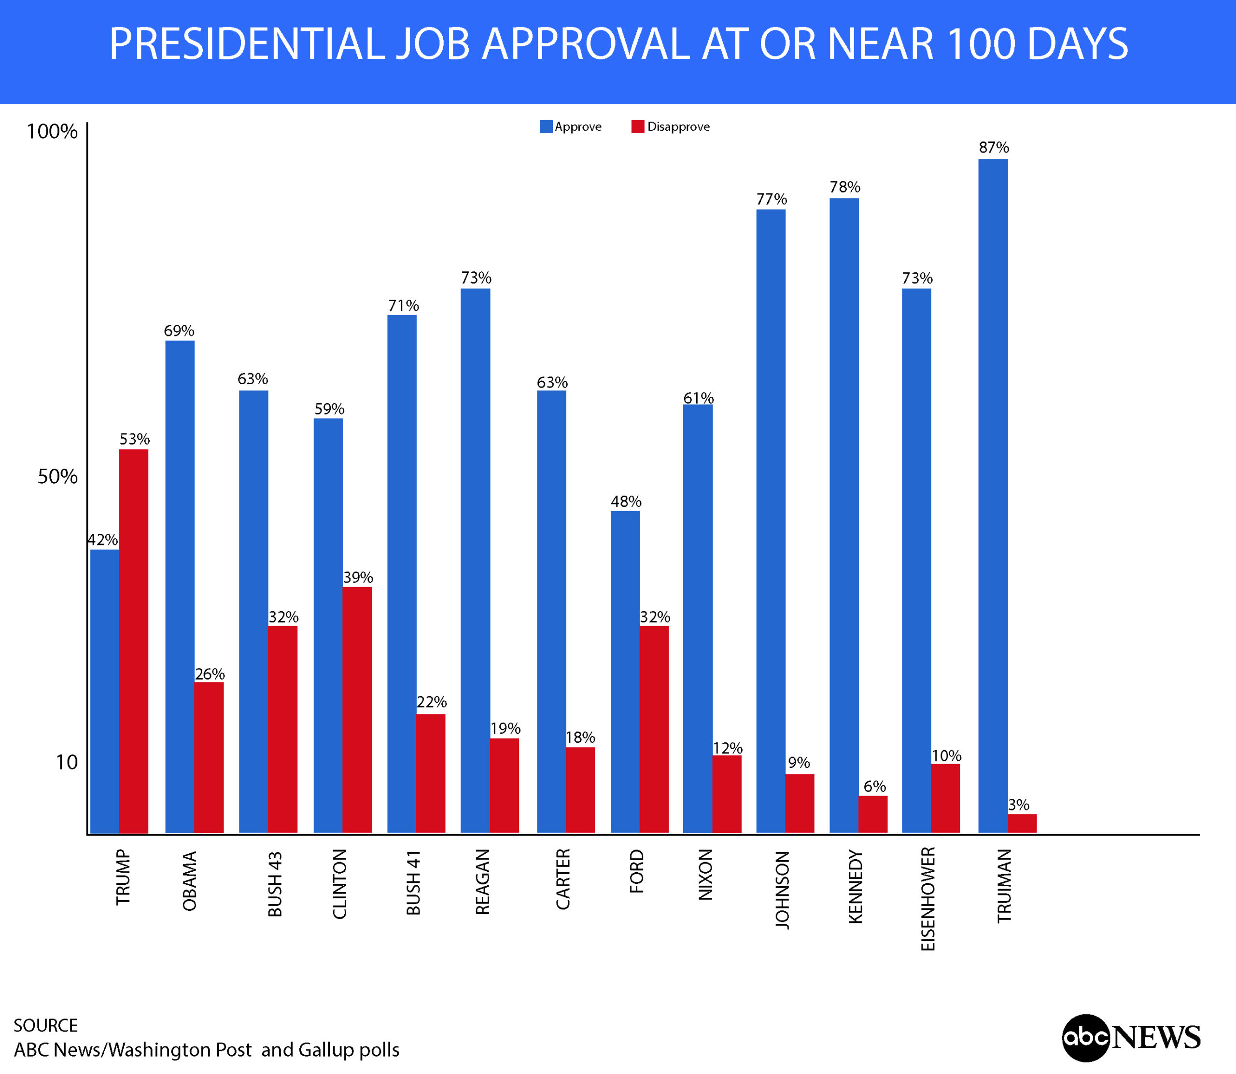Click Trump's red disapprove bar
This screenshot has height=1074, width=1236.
[x=134, y=642]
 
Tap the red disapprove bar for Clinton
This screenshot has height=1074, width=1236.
[x=357, y=710]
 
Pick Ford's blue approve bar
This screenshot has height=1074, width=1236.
[x=625, y=672]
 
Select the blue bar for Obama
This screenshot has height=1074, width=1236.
[x=180, y=587]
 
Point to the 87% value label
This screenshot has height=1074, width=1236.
[x=993, y=147]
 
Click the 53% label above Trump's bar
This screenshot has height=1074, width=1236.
[x=134, y=439]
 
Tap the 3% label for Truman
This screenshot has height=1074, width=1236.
[x=1018, y=805]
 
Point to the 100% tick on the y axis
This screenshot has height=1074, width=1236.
[x=52, y=131]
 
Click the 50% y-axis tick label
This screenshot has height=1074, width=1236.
[x=57, y=477]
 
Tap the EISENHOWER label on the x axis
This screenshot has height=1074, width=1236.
[x=928, y=898]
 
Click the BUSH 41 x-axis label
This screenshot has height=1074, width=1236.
[x=414, y=882]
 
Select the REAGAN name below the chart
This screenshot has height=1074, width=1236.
[x=482, y=881]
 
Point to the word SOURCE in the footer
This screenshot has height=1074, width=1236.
[x=45, y=1025]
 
